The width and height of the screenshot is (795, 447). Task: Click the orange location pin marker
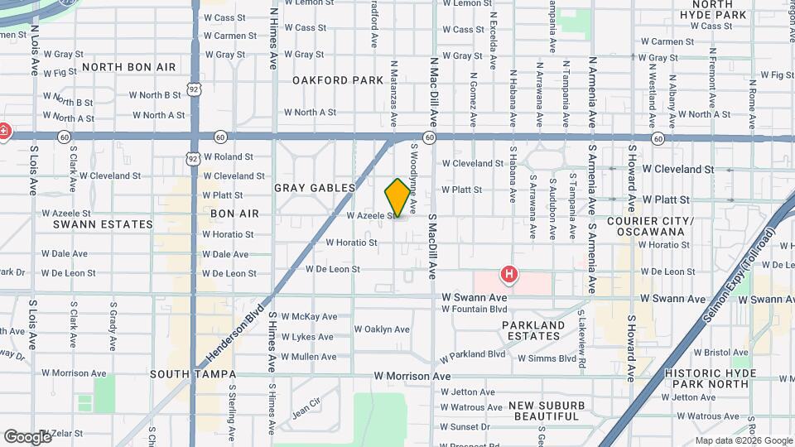coord(397,198)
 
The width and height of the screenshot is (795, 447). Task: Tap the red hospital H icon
coord(509,272)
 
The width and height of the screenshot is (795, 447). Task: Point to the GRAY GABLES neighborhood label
coord(315,188)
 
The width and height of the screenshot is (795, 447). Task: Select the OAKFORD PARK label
coord(337,80)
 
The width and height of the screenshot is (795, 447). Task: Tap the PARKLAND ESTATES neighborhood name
coord(533,330)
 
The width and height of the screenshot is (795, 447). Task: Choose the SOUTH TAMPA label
coord(184,374)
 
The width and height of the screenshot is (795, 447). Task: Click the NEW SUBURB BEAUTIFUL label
coord(543,410)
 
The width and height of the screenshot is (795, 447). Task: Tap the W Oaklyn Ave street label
coord(382,329)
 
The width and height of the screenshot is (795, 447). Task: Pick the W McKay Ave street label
coord(309,316)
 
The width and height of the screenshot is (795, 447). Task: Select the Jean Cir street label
coord(306,407)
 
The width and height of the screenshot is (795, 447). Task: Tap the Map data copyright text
coord(743,440)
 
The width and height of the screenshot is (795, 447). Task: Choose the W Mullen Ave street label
coord(309,357)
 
